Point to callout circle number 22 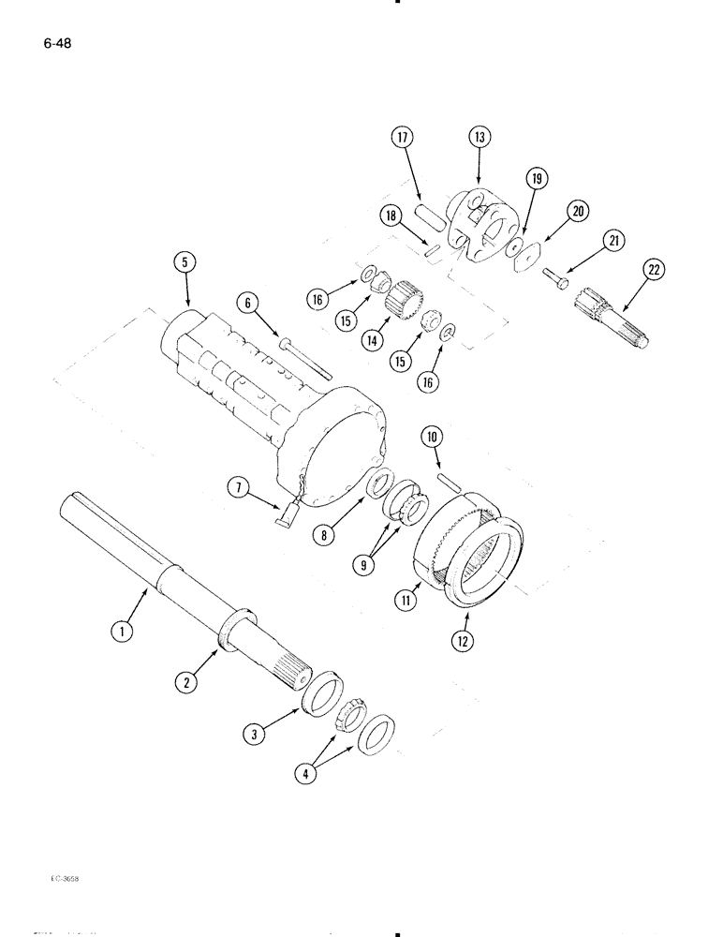pyautogui.click(x=652, y=272)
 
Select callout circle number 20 pyautogui.click(x=579, y=212)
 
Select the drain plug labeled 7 pyautogui.click(x=288, y=513)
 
